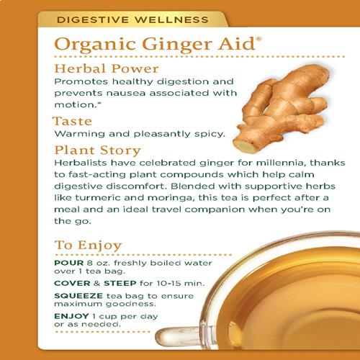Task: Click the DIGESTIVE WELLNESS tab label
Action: click(x=132, y=19)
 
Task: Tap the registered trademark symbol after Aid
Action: click(x=258, y=39)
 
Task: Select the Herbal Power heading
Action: click(x=107, y=68)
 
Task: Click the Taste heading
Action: click(x=73, y=121)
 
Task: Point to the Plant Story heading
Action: click(x=97, y=150)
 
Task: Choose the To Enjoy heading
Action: click(x=89, y=246)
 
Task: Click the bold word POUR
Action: click(x=69, y=263)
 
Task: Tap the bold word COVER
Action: click(x=72, y=284)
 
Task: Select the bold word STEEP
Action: click(x=120, y=284)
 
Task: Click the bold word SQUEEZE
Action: click(x=78, y=296)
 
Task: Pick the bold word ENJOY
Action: click(x=71, y=316)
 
